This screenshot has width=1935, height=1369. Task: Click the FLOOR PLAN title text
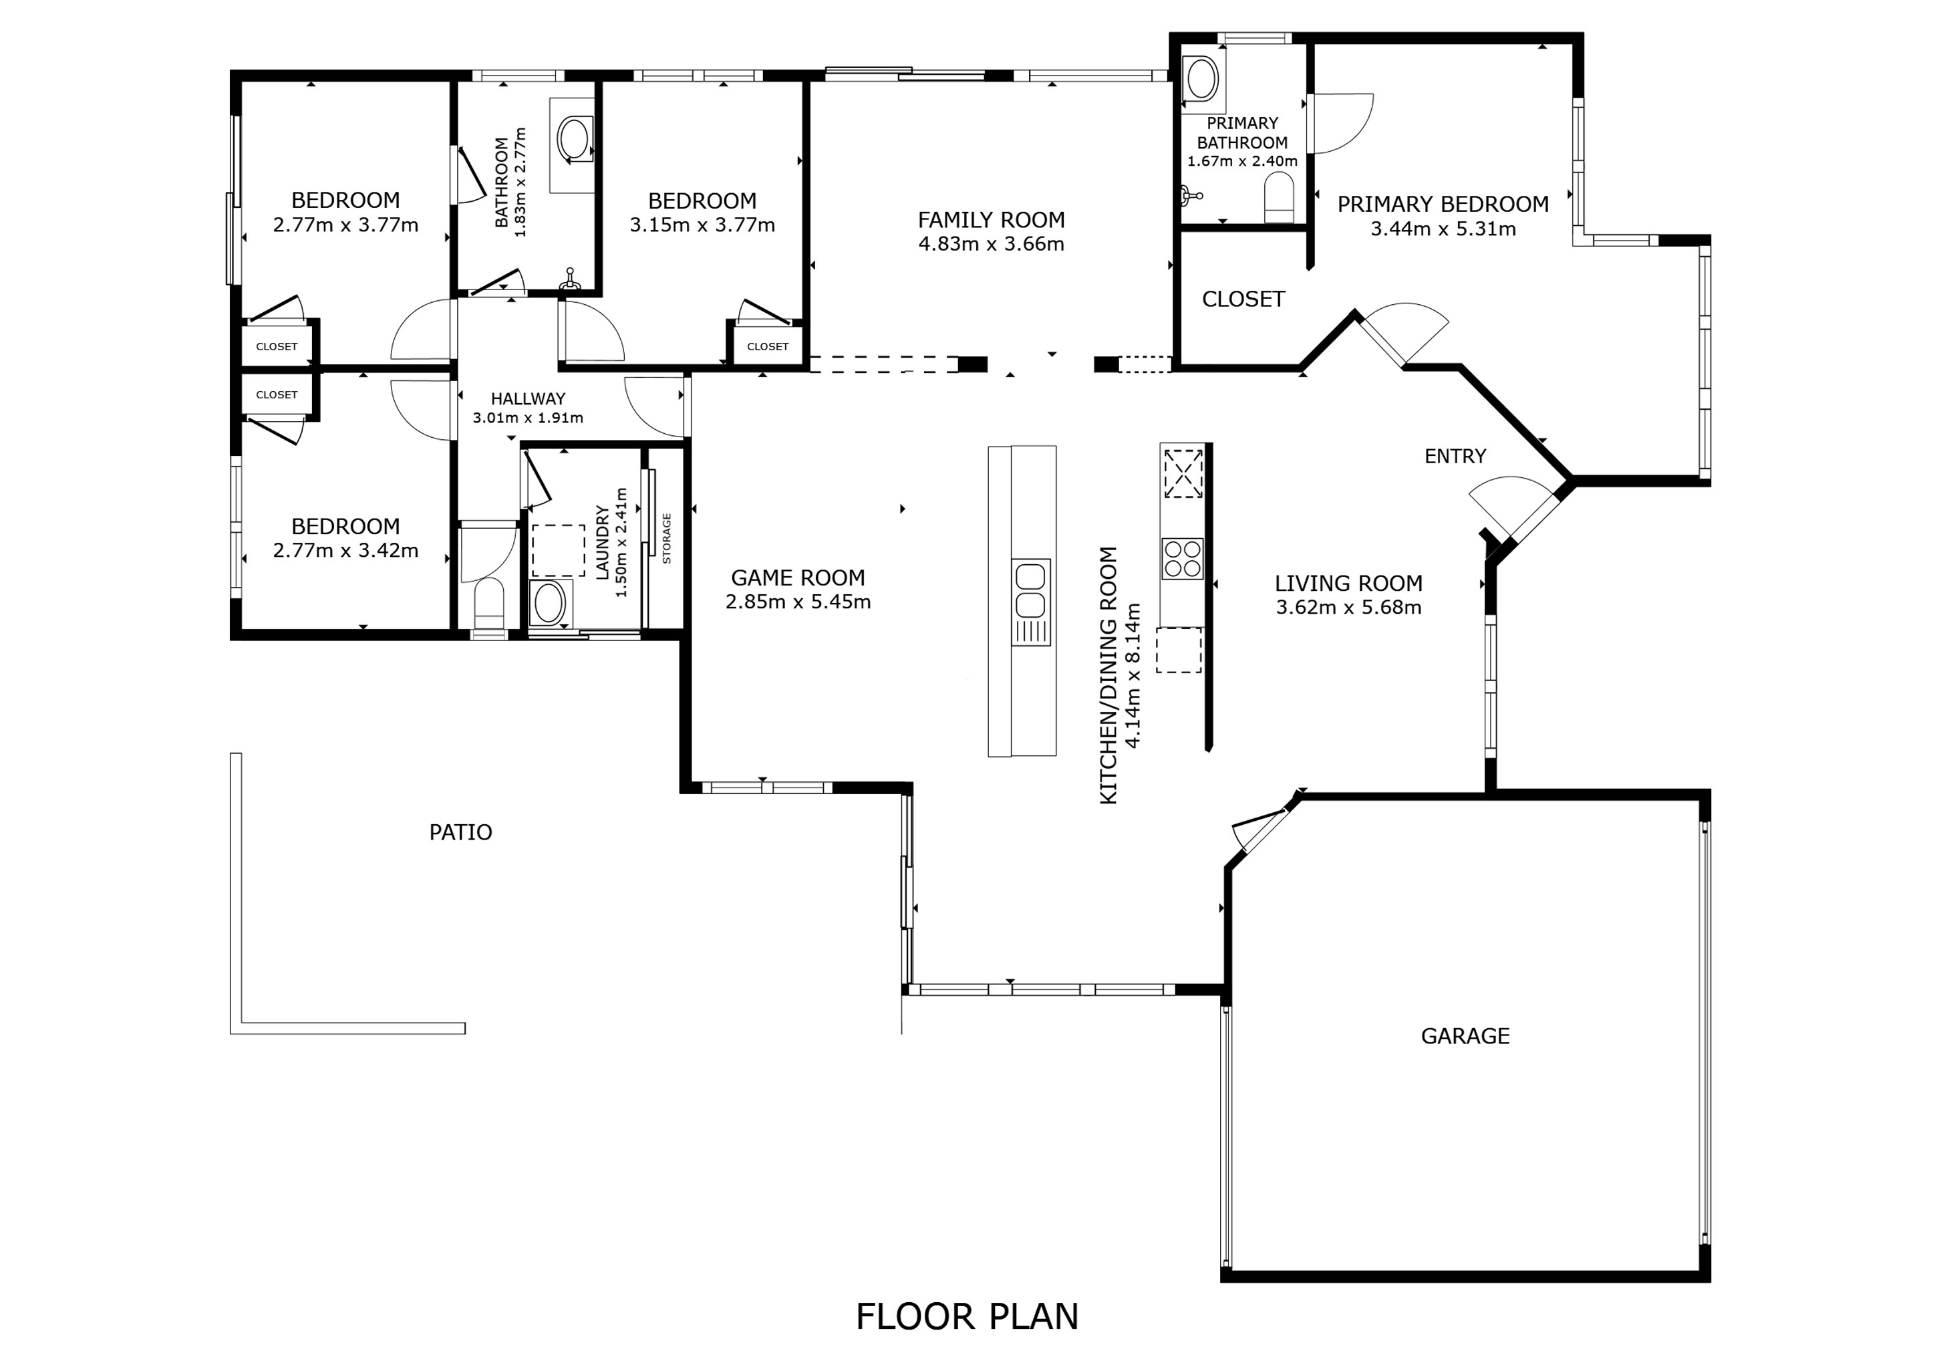[x=967, y=1316]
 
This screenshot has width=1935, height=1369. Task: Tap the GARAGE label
[x=1465, y=1036]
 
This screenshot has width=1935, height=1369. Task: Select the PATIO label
[x=460, y=832]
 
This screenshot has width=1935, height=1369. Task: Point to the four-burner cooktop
[x=1181, y=559]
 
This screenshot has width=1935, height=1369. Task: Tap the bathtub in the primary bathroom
[x=1201, y=80]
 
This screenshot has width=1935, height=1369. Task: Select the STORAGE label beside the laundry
[x=667, y=538]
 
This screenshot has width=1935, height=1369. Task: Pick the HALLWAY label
[x=528, y=398]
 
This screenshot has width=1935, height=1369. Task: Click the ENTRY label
[x=1455, y=456]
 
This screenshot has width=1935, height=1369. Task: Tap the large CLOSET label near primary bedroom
[x=1242, y=299]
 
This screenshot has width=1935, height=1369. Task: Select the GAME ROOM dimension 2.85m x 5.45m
[x=797, y=602]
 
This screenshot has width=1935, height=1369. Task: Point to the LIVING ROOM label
[x=1348, y=584]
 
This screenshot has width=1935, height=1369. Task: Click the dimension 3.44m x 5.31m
[x=1443, y=229]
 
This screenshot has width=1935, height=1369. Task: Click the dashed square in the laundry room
[x=558, y=550]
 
